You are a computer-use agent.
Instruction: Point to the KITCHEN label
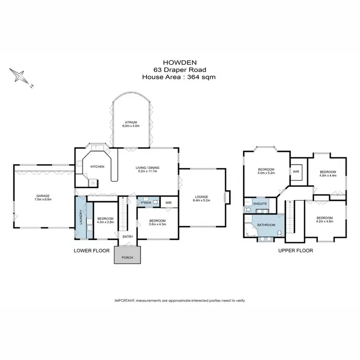97,167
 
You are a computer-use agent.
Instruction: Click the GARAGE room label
43,196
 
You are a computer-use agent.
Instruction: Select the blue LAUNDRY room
82,217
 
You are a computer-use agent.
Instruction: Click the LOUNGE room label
202,196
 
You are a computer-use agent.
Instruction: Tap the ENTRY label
128,236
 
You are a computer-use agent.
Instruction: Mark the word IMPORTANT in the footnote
125,300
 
